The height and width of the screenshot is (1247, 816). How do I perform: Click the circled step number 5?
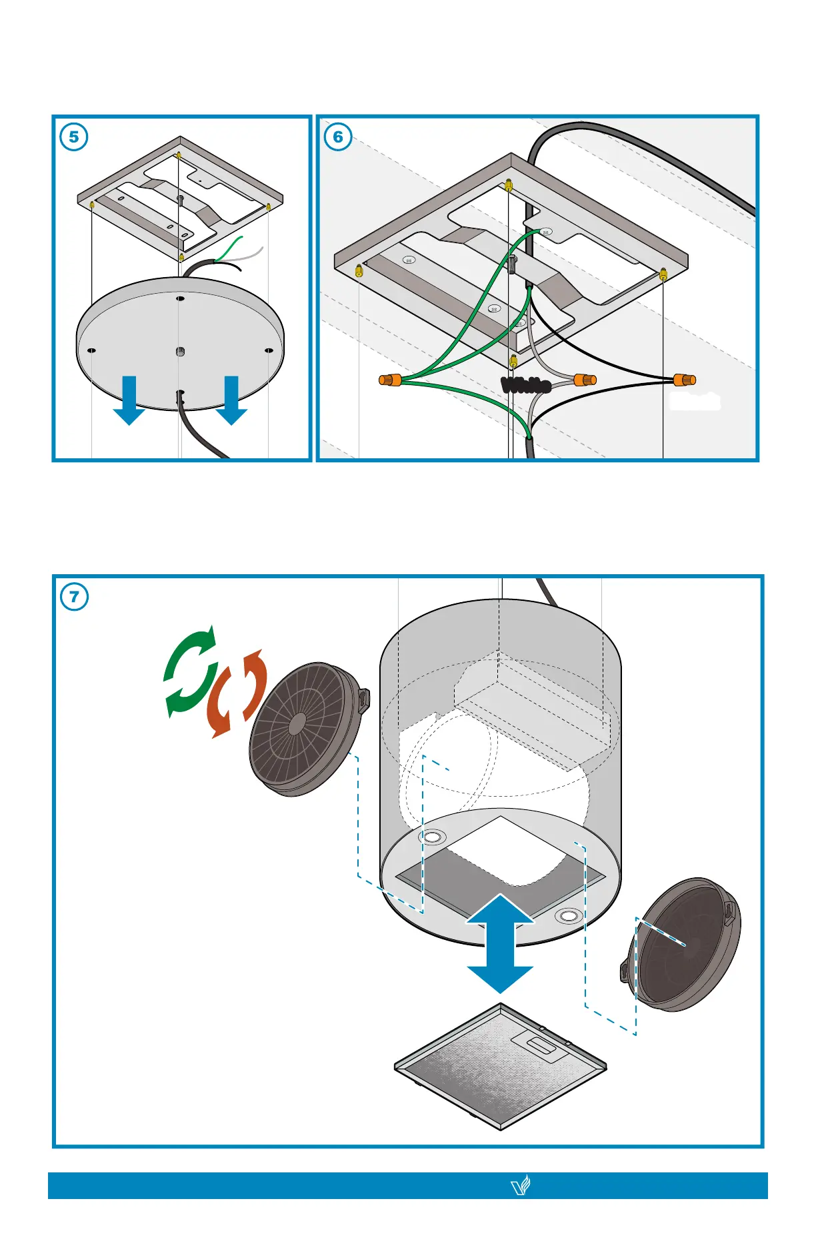click(74, 137)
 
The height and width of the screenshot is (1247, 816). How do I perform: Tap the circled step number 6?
click(338, 137)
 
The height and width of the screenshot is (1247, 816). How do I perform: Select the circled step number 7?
click(74, 596)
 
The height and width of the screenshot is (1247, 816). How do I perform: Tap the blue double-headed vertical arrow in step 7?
click(500, 944)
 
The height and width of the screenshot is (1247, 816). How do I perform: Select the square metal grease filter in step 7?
click(500, 1066)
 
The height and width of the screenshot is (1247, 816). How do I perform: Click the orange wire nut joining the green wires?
click(390, 380)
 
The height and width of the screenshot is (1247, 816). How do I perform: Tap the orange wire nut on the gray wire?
click(585, 380)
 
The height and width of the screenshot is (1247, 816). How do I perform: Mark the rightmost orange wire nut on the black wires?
click(684, 380)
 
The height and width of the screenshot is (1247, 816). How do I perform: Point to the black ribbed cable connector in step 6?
click(525, 384)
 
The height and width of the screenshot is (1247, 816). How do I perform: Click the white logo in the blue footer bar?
click(520, 1186)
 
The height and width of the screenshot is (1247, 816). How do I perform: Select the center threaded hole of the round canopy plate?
click(180, 351)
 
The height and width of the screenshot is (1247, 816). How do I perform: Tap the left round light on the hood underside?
click(432, 836)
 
